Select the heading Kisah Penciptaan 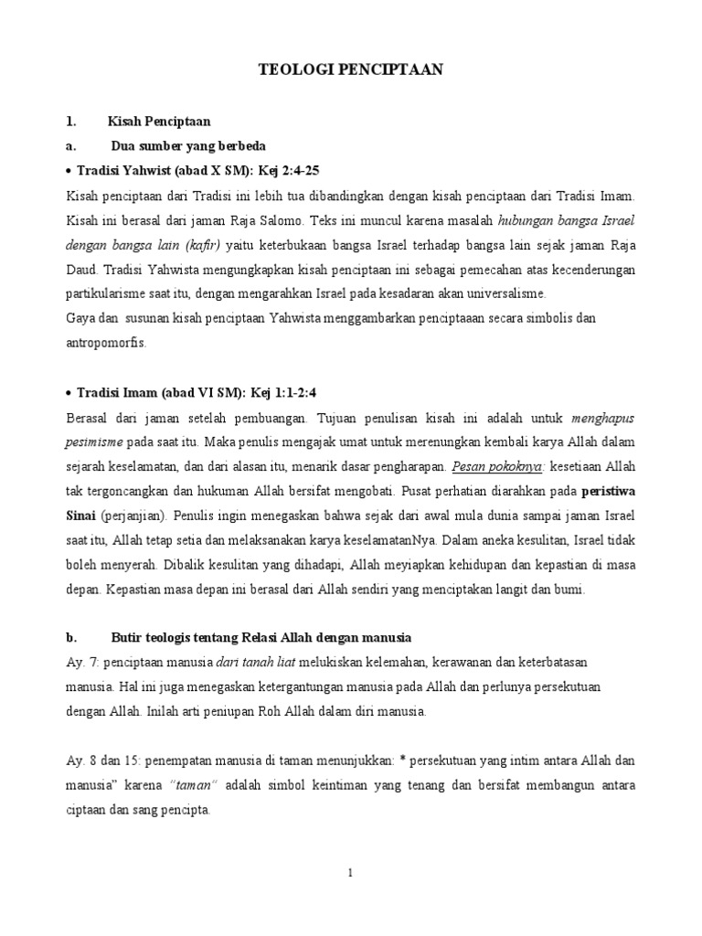click(158, 121)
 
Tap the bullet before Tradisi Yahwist click(69, 172)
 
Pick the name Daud click(83, 271)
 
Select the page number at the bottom click(350, 874)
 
